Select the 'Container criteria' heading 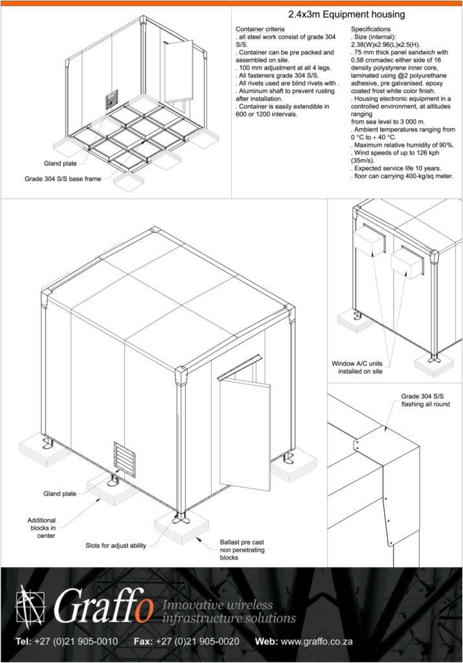pyautogui.click(x=260, y=30)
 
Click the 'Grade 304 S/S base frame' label pyautogui.click(x=63, y=179)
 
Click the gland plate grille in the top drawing pyautogui.click(x=112, y=101)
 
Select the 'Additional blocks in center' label pyautogui.click(x=41, y=528)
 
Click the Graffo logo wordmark pyautogui.click(x=104, y=609)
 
